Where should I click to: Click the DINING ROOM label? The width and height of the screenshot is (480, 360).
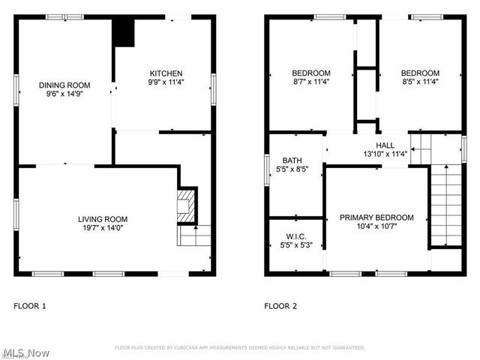pos(64,85)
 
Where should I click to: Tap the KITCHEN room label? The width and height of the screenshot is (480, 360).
pos(162,73)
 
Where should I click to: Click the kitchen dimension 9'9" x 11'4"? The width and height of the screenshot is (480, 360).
pos(162,82)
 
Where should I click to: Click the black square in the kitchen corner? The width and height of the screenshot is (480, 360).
pos(122,32)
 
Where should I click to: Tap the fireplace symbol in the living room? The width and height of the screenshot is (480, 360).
pos(186,203)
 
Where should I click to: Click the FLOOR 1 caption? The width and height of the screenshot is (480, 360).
pos(30,306)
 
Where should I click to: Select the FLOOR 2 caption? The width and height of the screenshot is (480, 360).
pos(280,306)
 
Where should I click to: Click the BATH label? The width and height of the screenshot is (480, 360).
pos(292,160)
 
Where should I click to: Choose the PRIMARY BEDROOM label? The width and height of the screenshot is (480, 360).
pos(376,217)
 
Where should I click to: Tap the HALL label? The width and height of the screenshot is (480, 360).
pos(385,145)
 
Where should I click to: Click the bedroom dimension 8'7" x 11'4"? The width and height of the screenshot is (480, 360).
pos(310,82)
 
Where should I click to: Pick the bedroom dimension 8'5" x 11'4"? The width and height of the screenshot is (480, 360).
pos(420,82)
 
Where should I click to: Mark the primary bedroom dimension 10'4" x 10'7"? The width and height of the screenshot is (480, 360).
pos(376,227)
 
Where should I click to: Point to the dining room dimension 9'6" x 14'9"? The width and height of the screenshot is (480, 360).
pos(64,94)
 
